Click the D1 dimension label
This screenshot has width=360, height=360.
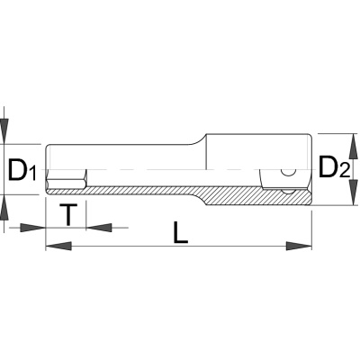click(x=22, y=170)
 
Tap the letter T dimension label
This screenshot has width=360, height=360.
click(x=68, y=214)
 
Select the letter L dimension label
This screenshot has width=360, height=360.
click(x=180, y=232)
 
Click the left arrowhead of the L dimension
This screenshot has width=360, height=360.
click(x=58, y=246)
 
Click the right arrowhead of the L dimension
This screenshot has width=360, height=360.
click(x=299, y=246)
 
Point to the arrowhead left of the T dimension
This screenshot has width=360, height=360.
click(x=32, y=228)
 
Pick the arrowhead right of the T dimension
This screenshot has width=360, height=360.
click(x=99, y=228)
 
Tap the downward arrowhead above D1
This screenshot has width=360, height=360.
click(x=4, y=131)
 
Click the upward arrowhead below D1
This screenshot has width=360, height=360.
click(x=4, y=208)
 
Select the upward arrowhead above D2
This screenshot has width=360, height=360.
click(x=355, y=146)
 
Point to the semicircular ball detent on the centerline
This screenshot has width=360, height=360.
click(x=288, y=173)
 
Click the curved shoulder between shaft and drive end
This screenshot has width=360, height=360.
click(x=199, y=140)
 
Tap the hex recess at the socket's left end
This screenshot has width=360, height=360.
click(x=67, y=179)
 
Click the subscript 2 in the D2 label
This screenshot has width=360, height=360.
click(x=344, y=170)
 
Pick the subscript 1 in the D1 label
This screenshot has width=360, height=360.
click(x=32, y=175)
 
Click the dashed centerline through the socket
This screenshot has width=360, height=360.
click(x=180, y=170)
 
